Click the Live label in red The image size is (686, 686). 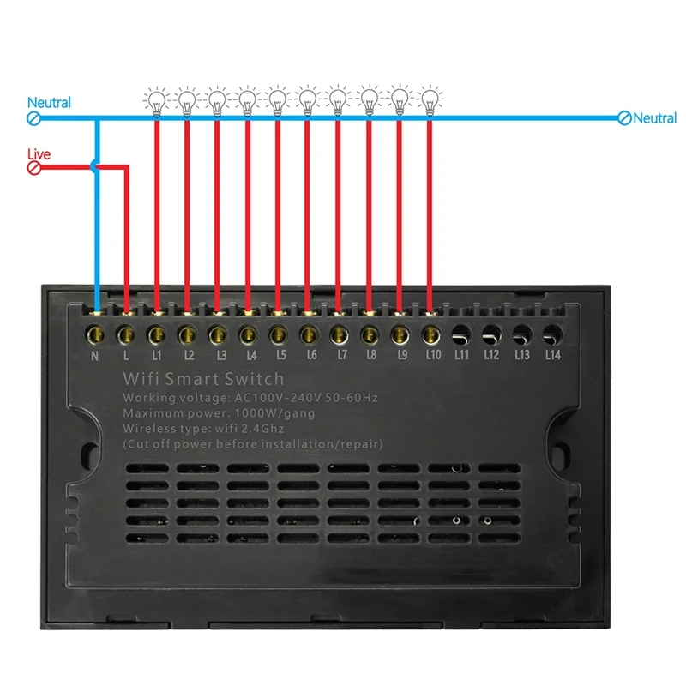click(x=39, y=154)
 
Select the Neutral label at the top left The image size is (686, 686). click(x=49, y=103)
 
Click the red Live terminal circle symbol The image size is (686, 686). click(x=35, y=168)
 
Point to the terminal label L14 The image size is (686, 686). click(x=552, y=354)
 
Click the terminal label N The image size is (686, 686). click(x=95, y=354)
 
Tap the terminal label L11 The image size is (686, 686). click(x=460, y=354)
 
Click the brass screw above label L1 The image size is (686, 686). click(x=156, y=330)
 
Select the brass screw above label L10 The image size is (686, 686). click(x=430, y=330)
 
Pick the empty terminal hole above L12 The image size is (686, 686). click(x=491, y=330)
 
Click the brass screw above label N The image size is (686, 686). click(x=95, y=330)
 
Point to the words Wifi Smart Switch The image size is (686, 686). click(x=203, y=378)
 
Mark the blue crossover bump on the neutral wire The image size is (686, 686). click(x=96, y=167)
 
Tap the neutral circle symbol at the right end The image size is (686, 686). click(x=624, y=118)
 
